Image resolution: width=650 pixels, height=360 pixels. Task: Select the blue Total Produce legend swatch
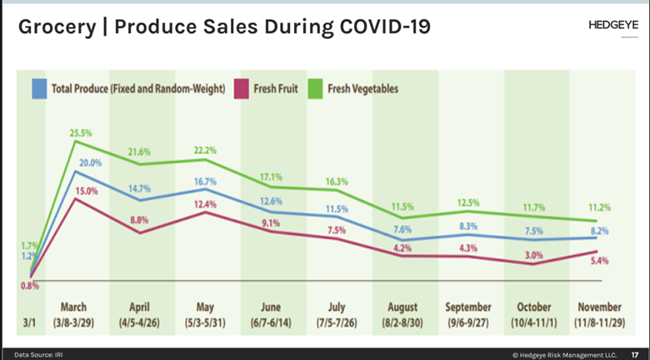click(x=38, y=87)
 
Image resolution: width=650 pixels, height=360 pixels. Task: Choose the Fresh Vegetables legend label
click(x=362, y=87)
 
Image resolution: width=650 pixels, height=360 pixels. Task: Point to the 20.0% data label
click(x=90, y=162)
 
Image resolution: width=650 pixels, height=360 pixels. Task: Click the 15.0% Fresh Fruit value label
click(x=87, y=191)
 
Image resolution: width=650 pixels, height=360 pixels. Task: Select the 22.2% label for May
click(x=204, y=150)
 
